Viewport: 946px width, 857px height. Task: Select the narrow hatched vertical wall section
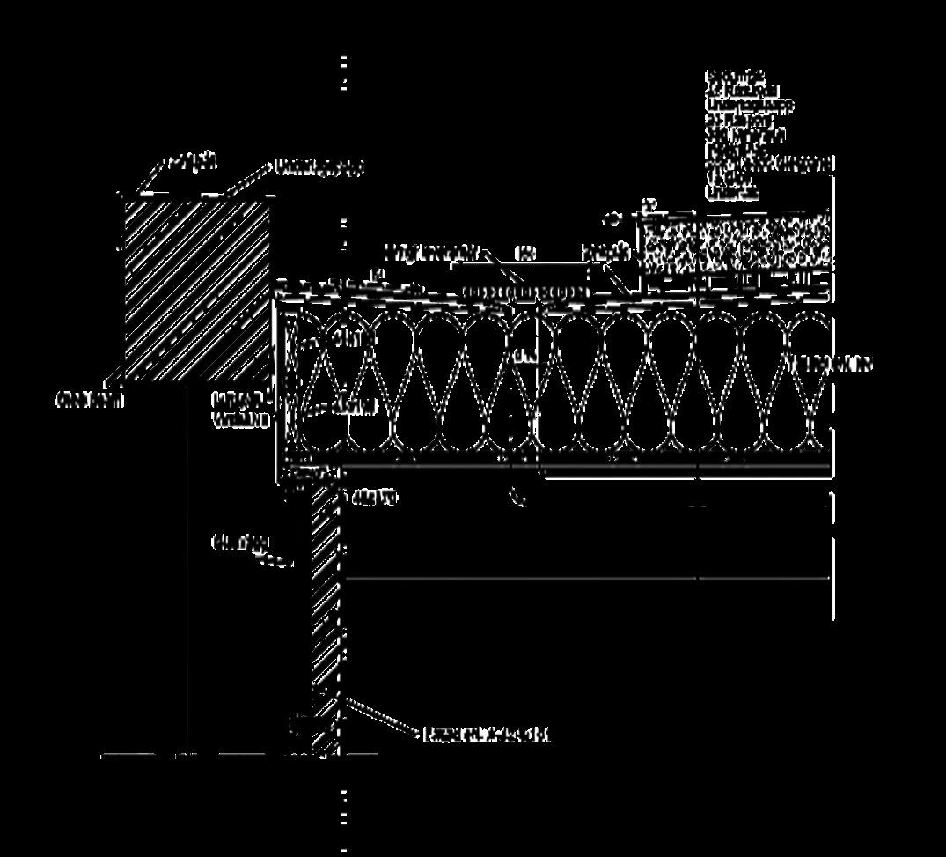[326, 617]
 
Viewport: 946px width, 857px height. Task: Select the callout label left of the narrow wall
[238, 543]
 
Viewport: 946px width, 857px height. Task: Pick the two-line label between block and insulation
[240, 410]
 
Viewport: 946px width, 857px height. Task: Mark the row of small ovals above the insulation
[524, 292]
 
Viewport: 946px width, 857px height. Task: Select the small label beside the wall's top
[374, 499]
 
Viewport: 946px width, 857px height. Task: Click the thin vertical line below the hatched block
[187, 573]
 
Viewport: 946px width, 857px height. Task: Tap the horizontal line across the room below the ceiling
[588, 579]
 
